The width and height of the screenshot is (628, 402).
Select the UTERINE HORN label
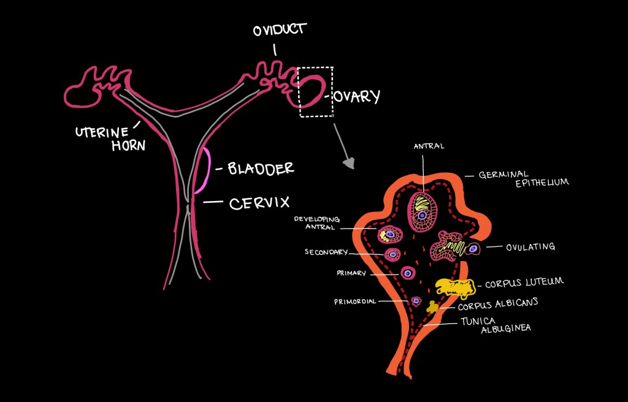(102, 138)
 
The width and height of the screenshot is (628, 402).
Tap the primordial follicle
(416, 301)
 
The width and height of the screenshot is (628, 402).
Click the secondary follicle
(392, 254)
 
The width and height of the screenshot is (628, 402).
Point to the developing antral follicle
(389, 233)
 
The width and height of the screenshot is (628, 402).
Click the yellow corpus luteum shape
(454, 286)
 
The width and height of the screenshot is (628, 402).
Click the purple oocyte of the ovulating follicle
(473, 249)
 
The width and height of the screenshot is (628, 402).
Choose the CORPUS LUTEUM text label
(524, 284)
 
